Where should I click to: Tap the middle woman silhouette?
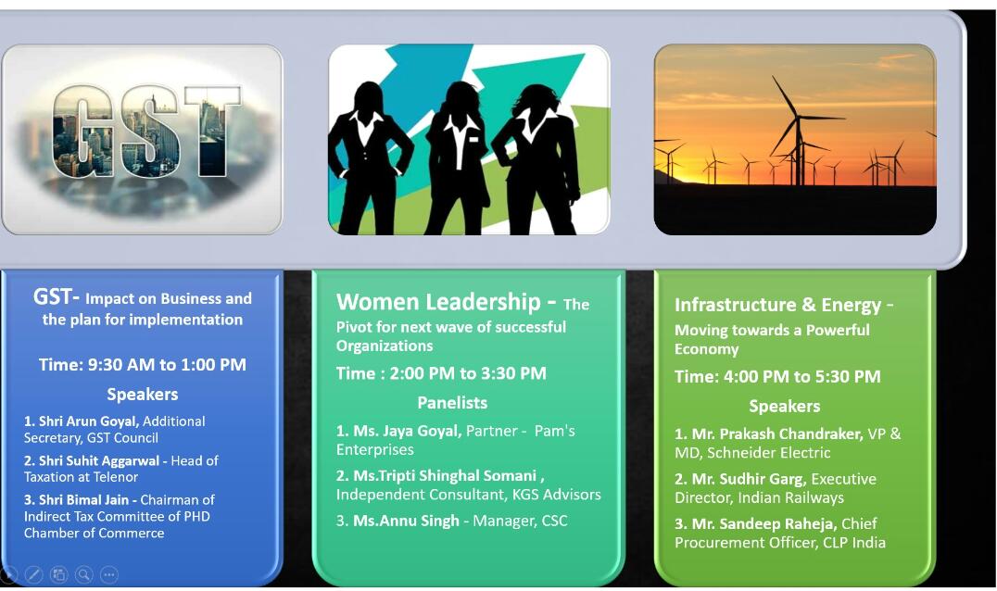pos(456,153)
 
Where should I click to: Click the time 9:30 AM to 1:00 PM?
pos(143,364)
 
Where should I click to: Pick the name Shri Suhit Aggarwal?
pos(100,460)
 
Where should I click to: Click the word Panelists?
pos(452,403)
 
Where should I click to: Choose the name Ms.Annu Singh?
pos(406,521)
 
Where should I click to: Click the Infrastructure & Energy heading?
pos(777,305)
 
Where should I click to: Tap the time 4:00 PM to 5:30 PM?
pos(777,376)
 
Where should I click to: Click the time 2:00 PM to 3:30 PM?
pos(441,373)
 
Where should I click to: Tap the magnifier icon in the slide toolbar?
pos(84,574)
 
